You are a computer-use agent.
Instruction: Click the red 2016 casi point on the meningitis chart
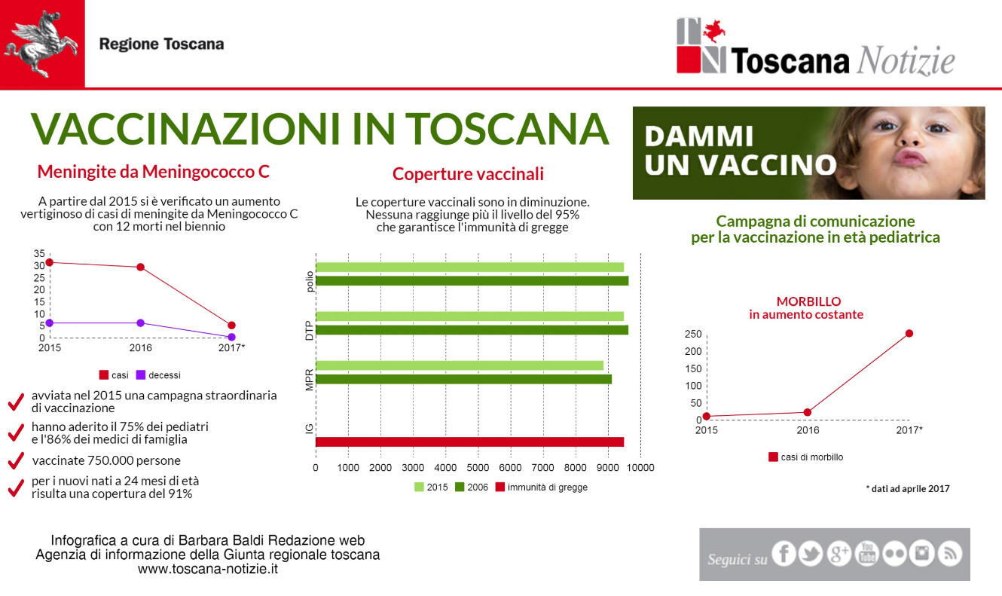(140, 267)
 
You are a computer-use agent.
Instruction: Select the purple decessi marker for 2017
(231, 337)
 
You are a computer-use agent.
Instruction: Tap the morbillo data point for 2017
(909, 333)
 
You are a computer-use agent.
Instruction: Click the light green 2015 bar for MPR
(460, 365)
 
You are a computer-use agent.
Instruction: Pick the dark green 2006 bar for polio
(472, 280)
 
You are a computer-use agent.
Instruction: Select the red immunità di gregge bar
(469, 442)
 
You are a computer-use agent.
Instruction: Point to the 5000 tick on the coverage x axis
(478, 468)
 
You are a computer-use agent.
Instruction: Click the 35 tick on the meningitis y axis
(39, 254)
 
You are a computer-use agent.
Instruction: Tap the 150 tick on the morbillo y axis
(693, 368)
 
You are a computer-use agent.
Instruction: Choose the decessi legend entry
(158, 375)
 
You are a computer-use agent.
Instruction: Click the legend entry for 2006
(472, 487)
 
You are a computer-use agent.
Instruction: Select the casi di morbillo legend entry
(805, 457)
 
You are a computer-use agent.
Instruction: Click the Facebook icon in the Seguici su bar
(784, 554)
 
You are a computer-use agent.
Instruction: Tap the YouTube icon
(867, 554)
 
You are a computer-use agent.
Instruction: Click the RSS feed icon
(950, 554)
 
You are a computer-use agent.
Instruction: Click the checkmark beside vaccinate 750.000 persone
(16, 460)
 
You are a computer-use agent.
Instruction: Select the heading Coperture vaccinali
(468, 173)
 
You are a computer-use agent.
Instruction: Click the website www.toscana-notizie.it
(208, 569)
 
